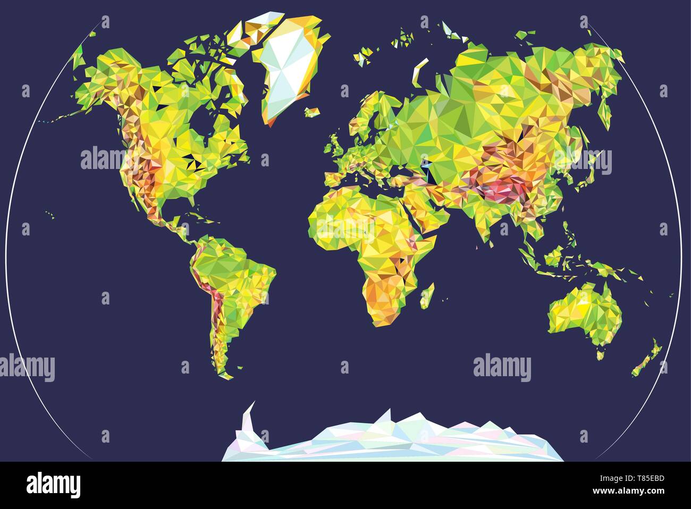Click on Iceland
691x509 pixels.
pos(312,112)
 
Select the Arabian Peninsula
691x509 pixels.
pos(425,213)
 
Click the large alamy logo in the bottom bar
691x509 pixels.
pos(53,485)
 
